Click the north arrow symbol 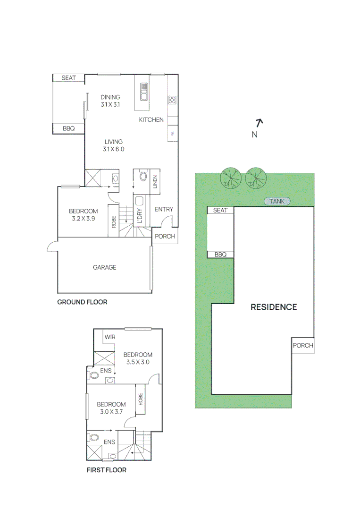pyautogui.click(x=259, y=123)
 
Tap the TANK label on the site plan pyautogui.click(x=277, y=201)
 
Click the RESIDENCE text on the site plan pyautogui.click(x=274, y=307)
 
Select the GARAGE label pyautogui.click(x=105, y=267)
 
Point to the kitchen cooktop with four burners pyautogui.click(x=172, y=100)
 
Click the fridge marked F pyautogui.click(x=173, y=134)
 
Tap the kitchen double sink pyautogui.click(x=144, y=92)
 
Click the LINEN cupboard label pyautogui.click(x=155, y=182)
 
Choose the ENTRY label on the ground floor pyautogui.click(x=164, y=209)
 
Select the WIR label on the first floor pyautogui.click(x=110, y=337)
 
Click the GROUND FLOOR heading pyautogui.click(x=82, y=302)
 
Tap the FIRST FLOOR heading pyautogui.click(x=107, y=470)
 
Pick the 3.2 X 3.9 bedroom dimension pyautogui.click(x=84, y=219)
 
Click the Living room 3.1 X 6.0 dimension pyautogui.click(x=113, y=149)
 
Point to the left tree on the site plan pyautogui.click(x=231, y=178)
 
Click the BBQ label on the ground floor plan pyautogui.click(x=68, y=128)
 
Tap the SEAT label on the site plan pyautogui.click(x=220, y=211)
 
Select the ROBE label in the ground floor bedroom pyautogui.click(x=114, y=222)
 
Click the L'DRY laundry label pyautogui.click(x=140, y=216)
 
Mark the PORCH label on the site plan pyautogui.click(x=303, y=345)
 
